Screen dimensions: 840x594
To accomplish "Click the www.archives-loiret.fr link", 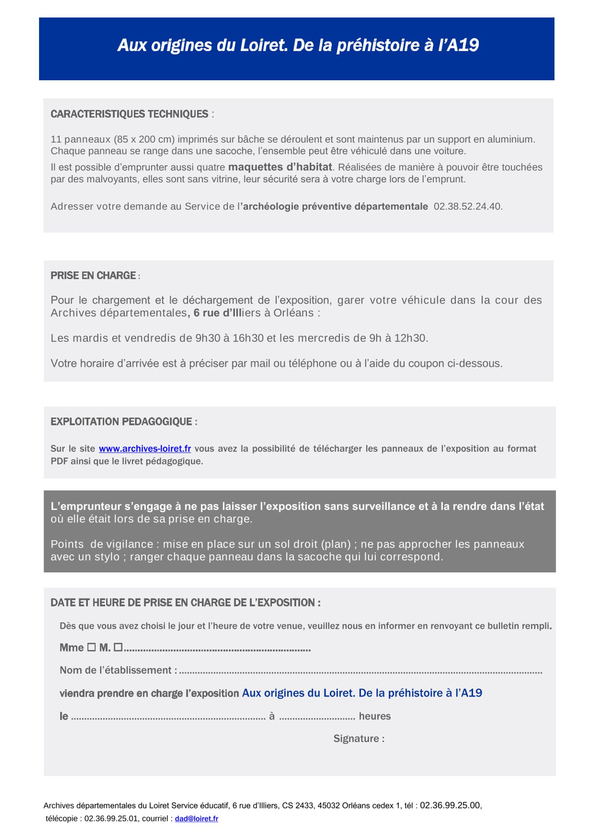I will tap(145, 449).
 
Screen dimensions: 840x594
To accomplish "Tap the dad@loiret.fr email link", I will tap(196, 819).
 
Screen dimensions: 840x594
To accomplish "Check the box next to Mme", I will tap(91, 648).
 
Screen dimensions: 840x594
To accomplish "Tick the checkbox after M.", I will tap(118, 648).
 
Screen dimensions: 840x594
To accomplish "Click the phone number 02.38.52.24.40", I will tap(468, 206).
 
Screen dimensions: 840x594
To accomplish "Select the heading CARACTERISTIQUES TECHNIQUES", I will tap(129, 114).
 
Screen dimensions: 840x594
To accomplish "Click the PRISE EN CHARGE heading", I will tap(93, 276).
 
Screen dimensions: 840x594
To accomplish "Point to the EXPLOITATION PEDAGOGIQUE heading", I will tap(122, 421).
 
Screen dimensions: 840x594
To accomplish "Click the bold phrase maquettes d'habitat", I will tap(280, 167).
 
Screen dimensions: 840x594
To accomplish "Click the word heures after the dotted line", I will tap(374, 716).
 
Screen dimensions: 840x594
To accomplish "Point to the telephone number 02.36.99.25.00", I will tap(450, 805).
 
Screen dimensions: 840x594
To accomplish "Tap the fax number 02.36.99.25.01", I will tap(111, 819).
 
